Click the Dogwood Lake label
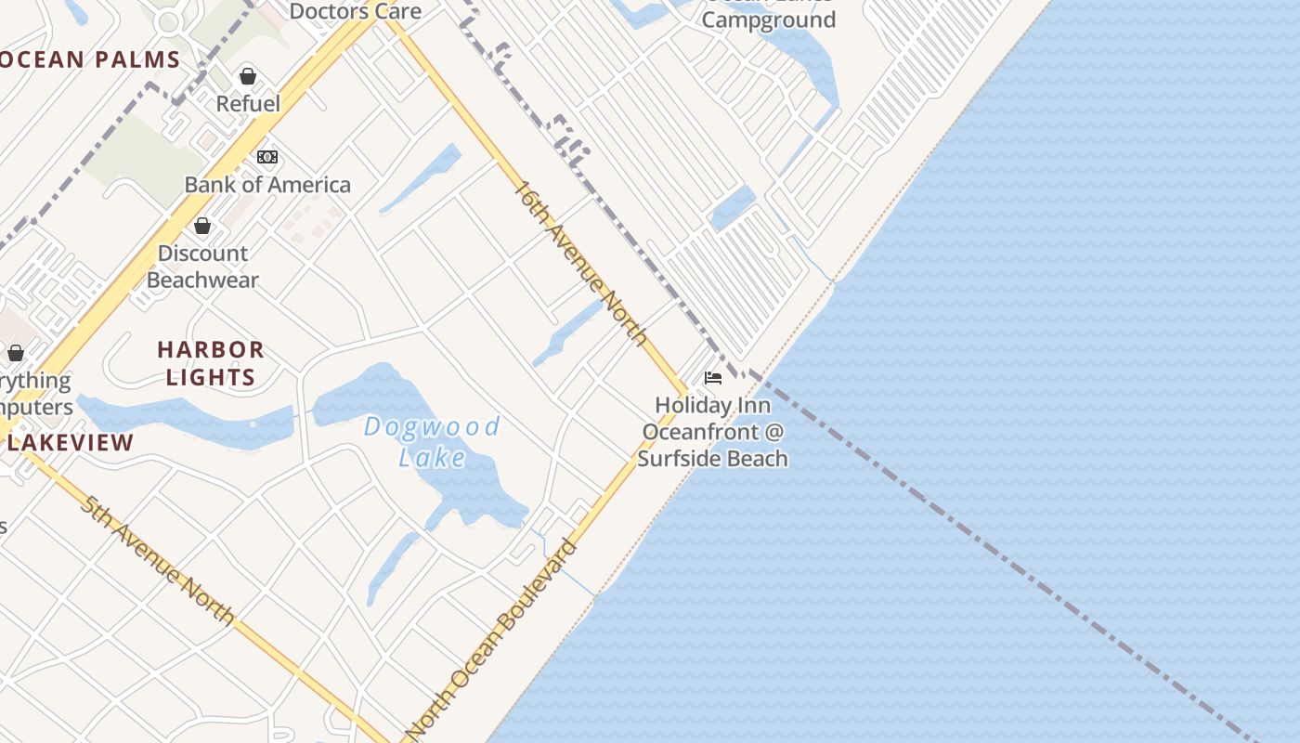(x=432, y=442)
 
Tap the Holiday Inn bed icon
(x=713, y=378)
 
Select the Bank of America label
(x=267, y=185)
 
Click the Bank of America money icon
(x=267, y=157)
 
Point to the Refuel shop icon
(x=248, y=76)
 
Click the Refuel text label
(x=248, y=103)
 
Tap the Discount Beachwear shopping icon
(x=201, y=226)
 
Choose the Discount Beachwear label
(x=202, y=267)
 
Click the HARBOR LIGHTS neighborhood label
(x=210, y=363)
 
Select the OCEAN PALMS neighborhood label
(x=90, y=61)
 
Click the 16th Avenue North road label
(x=580, y=263)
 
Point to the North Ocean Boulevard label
(x=492, y=641)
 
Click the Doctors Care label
(x=355, y=12)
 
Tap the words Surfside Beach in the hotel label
(x=712, y=458)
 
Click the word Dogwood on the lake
(x=432, y=428)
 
